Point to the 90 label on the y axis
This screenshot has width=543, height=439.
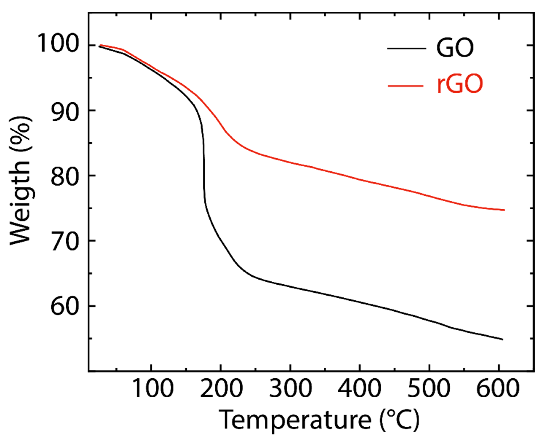pos(64,111)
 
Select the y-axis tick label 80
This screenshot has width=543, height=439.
pos(64,176)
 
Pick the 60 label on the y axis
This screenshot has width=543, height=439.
pos(64,306)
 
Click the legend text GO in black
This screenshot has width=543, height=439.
pos(455,48)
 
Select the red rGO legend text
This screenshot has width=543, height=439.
pos(460,85)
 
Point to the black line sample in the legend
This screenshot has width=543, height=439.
pos(407,48)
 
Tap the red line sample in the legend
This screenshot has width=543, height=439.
pos(406,86)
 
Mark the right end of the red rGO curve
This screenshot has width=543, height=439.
pos(504,210)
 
